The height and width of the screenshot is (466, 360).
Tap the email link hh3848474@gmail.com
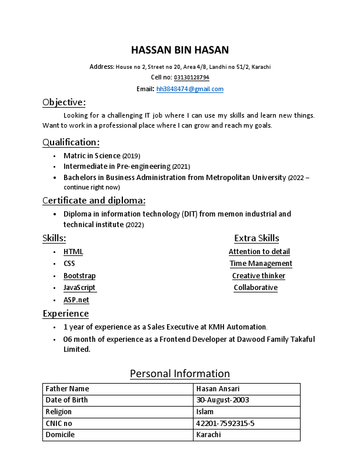[189, 89]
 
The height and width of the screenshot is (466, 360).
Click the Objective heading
[64, 102]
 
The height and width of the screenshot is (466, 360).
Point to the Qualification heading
[71, 142]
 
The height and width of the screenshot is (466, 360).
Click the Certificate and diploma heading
[94, 200]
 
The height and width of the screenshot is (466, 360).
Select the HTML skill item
[73, 252]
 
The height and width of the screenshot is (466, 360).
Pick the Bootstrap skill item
[79, 276]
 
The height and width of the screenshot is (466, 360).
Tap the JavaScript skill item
[79, 288]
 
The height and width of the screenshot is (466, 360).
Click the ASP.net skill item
[76, 300]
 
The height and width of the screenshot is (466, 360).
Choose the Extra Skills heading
[256, 238]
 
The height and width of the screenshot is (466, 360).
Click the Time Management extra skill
[261, 264]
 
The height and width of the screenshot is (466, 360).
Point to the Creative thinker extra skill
[258, 276]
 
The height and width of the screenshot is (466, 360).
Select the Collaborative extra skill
[255, 288]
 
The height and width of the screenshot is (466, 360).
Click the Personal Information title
[179, 374]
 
